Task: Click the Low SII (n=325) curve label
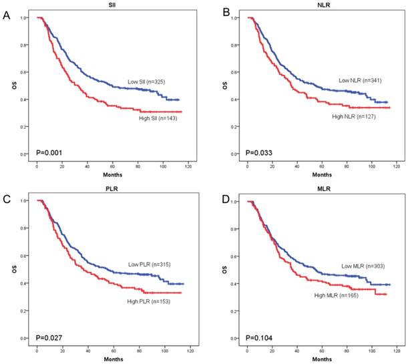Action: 152,82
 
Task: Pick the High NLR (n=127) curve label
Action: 359,116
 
